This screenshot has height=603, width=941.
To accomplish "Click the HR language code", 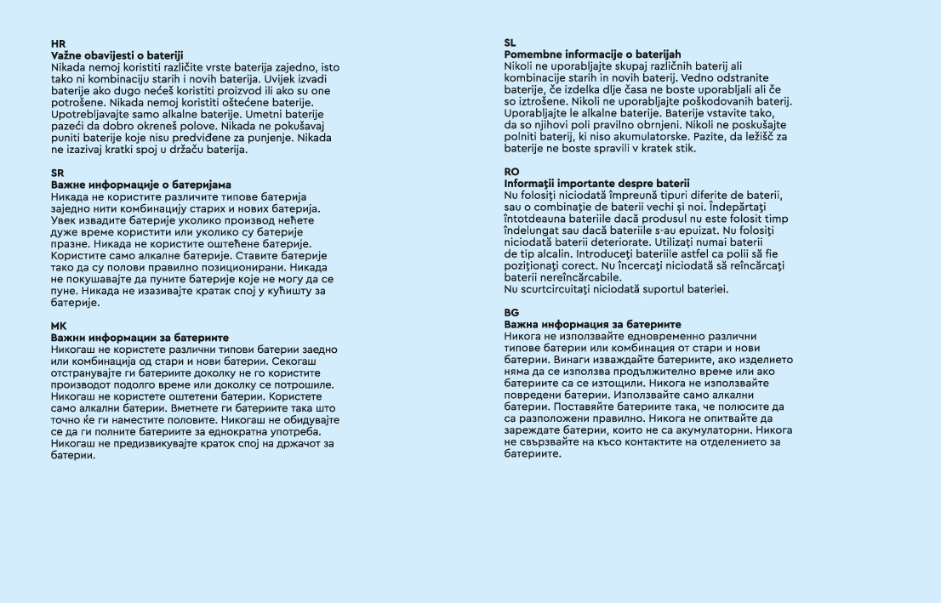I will click(57, 43).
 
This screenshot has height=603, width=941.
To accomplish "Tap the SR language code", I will click(57, 173).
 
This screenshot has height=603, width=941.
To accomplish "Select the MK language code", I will click(58, 326).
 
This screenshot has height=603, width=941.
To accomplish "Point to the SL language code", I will click(510, 43).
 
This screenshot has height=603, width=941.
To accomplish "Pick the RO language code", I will click(511, 172).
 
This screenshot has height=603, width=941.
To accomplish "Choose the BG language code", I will click(511, 313).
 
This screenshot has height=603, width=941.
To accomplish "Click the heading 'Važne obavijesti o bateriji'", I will click(117, 54).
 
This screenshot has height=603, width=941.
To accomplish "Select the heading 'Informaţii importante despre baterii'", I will click(596, 184).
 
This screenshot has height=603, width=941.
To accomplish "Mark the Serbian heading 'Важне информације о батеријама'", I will click(140, 185).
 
